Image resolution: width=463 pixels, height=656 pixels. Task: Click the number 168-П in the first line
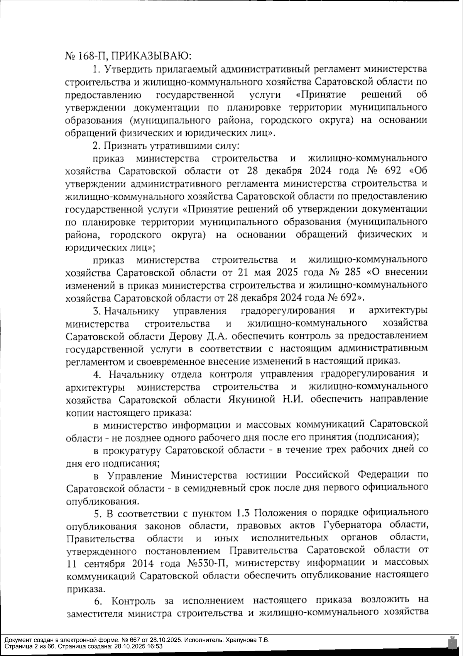[x=90, y=56]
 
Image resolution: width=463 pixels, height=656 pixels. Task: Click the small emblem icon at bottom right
[x=450, y=642]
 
